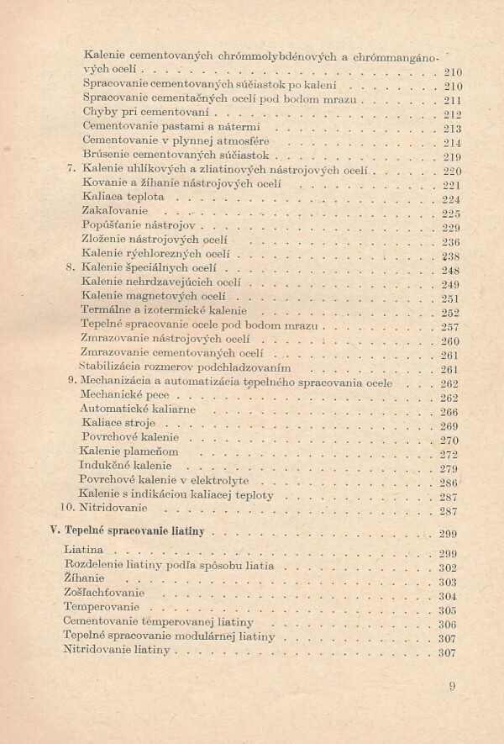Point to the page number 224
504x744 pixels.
click(451, 200)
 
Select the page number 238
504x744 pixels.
click(451, 256)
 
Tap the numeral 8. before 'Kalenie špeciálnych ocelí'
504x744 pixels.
click(71, 268)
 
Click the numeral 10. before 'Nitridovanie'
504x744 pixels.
click(68, 509)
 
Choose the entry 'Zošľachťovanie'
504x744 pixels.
click(104, 594)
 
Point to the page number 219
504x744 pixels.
click(451, 157)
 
